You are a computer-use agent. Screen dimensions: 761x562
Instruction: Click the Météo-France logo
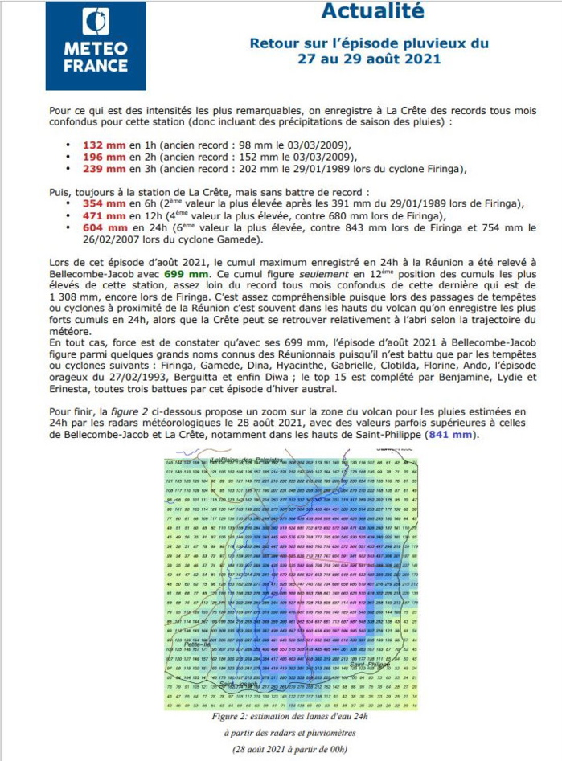pos(95,46)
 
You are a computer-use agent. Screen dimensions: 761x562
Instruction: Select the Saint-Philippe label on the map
pos(369,665)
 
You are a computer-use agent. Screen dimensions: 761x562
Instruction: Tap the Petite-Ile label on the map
pos(196,644)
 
